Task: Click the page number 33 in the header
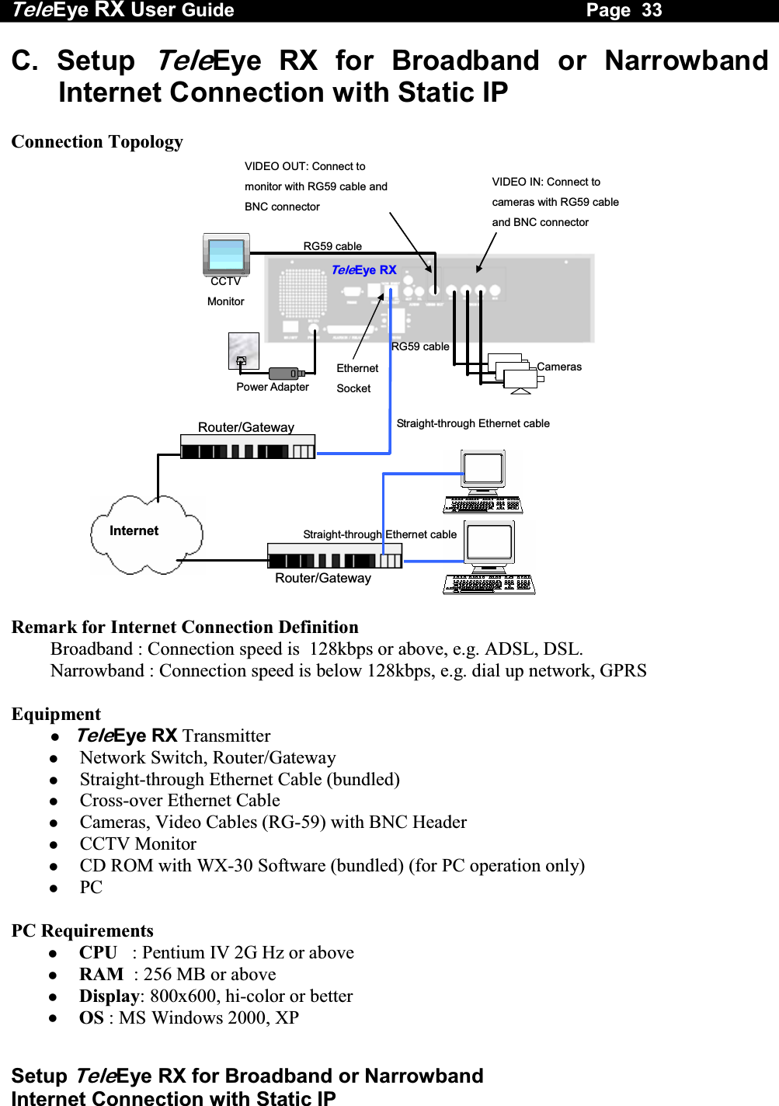(x=652, y=10)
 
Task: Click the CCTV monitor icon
(x=226, y=254)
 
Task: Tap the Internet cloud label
(x=134, y=530)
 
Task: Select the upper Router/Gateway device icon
(x=247, y=447)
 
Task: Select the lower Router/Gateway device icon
(x=334, y=556)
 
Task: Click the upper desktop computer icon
(x=483, y=482)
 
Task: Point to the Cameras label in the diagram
(x=559, y=367)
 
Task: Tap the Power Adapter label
(x=273, y=387)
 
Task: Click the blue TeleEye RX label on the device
(x=363, y=270)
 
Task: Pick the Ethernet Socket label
(x=357, y=378)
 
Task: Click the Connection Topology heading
(x=97, y=141)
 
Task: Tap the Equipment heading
(x=56, y=715)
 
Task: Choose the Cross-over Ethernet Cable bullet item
(x=179, y=801)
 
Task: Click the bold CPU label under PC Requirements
(x=98, y=953)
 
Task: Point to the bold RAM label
(x=101, y=975)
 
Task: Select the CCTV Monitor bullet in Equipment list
(x=137, y=844)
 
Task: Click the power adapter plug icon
(x=285, y=374)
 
